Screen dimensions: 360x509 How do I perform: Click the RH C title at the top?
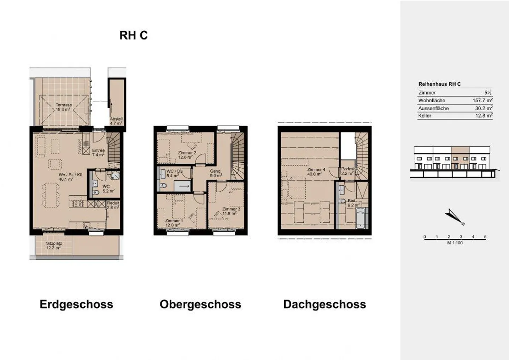pyautogui.click(x=133, y=35)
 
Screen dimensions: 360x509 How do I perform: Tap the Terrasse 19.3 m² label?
pyautogui.click(x=64, y=107)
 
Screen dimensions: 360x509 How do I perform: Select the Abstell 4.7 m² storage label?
pyautogui.click(x=116, y=121)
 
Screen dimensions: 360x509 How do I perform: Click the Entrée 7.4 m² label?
pyautogui.click(x=98, y=152)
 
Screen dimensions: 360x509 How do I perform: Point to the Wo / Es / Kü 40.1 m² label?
pyautogui.click(x=66, y=177)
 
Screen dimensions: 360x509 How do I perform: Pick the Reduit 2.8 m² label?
pyautogui.click(x=113, y=205)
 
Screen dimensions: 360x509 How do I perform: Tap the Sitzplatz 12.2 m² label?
pyautogui.click(x=54, y=245)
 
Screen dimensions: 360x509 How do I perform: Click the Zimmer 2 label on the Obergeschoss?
pyautogui.click(x=187, y=155)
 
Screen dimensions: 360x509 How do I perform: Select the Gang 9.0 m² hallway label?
pyautogui.click(x=215, y=173)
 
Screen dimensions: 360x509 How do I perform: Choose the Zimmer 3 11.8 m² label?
pyautogui.click(x=231, y=211)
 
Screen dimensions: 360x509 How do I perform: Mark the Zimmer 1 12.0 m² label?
pyautogui.click(x=174, y=223)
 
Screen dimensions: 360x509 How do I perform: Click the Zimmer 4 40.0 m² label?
pyautogui.click(x=316, y=172)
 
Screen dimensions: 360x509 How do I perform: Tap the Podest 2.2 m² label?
pyautogui.click(x=347, y=171)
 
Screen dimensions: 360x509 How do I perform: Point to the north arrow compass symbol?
pyautogui.click(x=454, y=217)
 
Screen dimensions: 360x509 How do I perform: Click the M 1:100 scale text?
pyautogui.click(x=455, y=243)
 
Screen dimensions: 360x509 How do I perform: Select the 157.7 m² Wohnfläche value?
pyautogui.click(x=482, y=100)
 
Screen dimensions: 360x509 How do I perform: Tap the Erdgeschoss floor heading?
pyautogui.click(x=76, y=304)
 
